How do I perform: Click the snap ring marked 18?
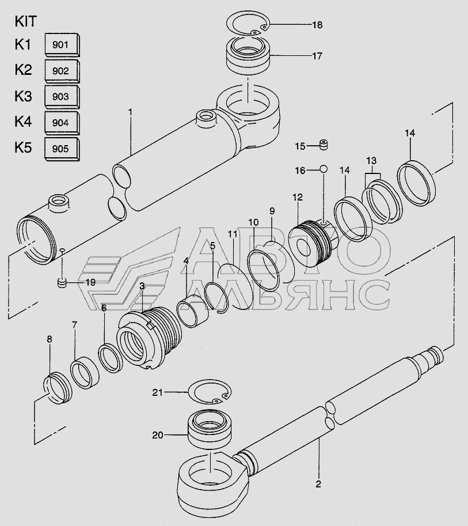247,24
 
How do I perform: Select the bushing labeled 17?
247,55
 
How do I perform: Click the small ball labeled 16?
324,169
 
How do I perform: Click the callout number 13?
371,160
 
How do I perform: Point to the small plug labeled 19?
63,282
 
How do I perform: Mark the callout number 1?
130,109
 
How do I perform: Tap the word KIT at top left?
25,22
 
